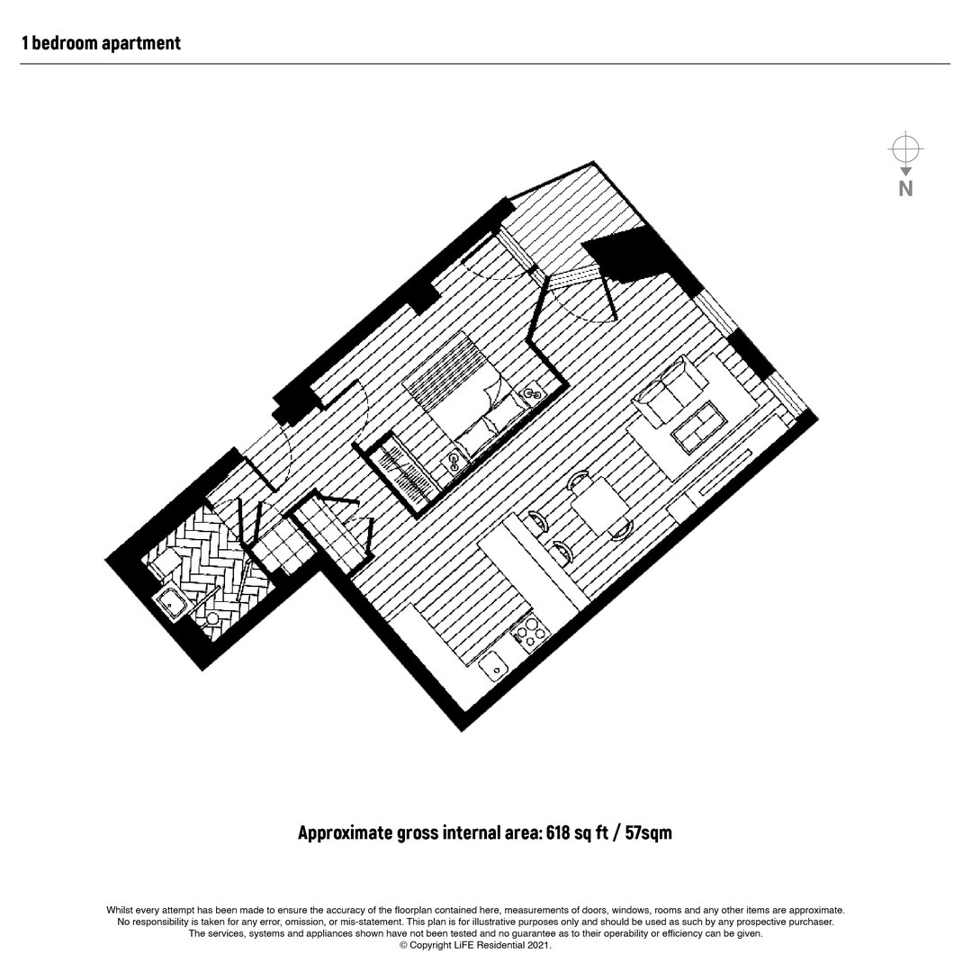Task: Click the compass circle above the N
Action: click(905, 148)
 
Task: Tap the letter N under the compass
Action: click(905, 188)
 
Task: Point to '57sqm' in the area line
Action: click(648, 832)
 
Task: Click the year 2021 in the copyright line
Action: click(538, 945)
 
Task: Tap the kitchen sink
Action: click(494, 667)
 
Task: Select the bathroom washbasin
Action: click(169, 601)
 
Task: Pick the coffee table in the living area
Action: click(698, 427)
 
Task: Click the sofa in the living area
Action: click(670, 391)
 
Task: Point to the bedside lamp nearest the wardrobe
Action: click(455, 462)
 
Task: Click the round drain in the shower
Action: click(213, 618)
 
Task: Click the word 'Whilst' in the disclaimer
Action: click(119, 911)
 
